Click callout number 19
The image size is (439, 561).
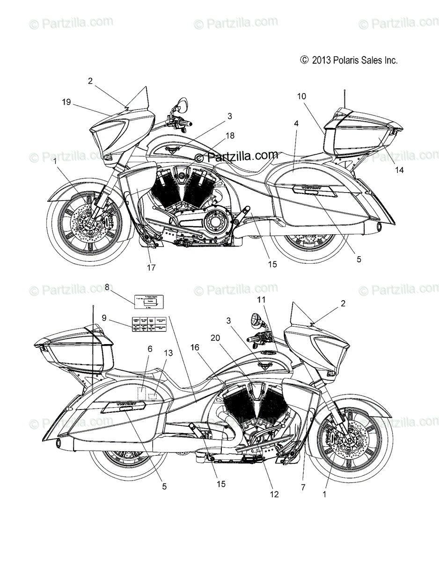(66, 101)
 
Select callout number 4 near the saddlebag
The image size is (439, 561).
(296, 123)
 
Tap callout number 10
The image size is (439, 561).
(301, 96)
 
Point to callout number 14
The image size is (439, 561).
(399, 171)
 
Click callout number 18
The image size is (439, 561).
(229, 135)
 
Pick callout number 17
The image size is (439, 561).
(151, 268)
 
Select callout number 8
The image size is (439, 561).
(107, 288)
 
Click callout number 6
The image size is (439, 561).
(137, 349)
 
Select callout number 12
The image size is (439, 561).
(274, 494)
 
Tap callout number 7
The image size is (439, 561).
(303, 487)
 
